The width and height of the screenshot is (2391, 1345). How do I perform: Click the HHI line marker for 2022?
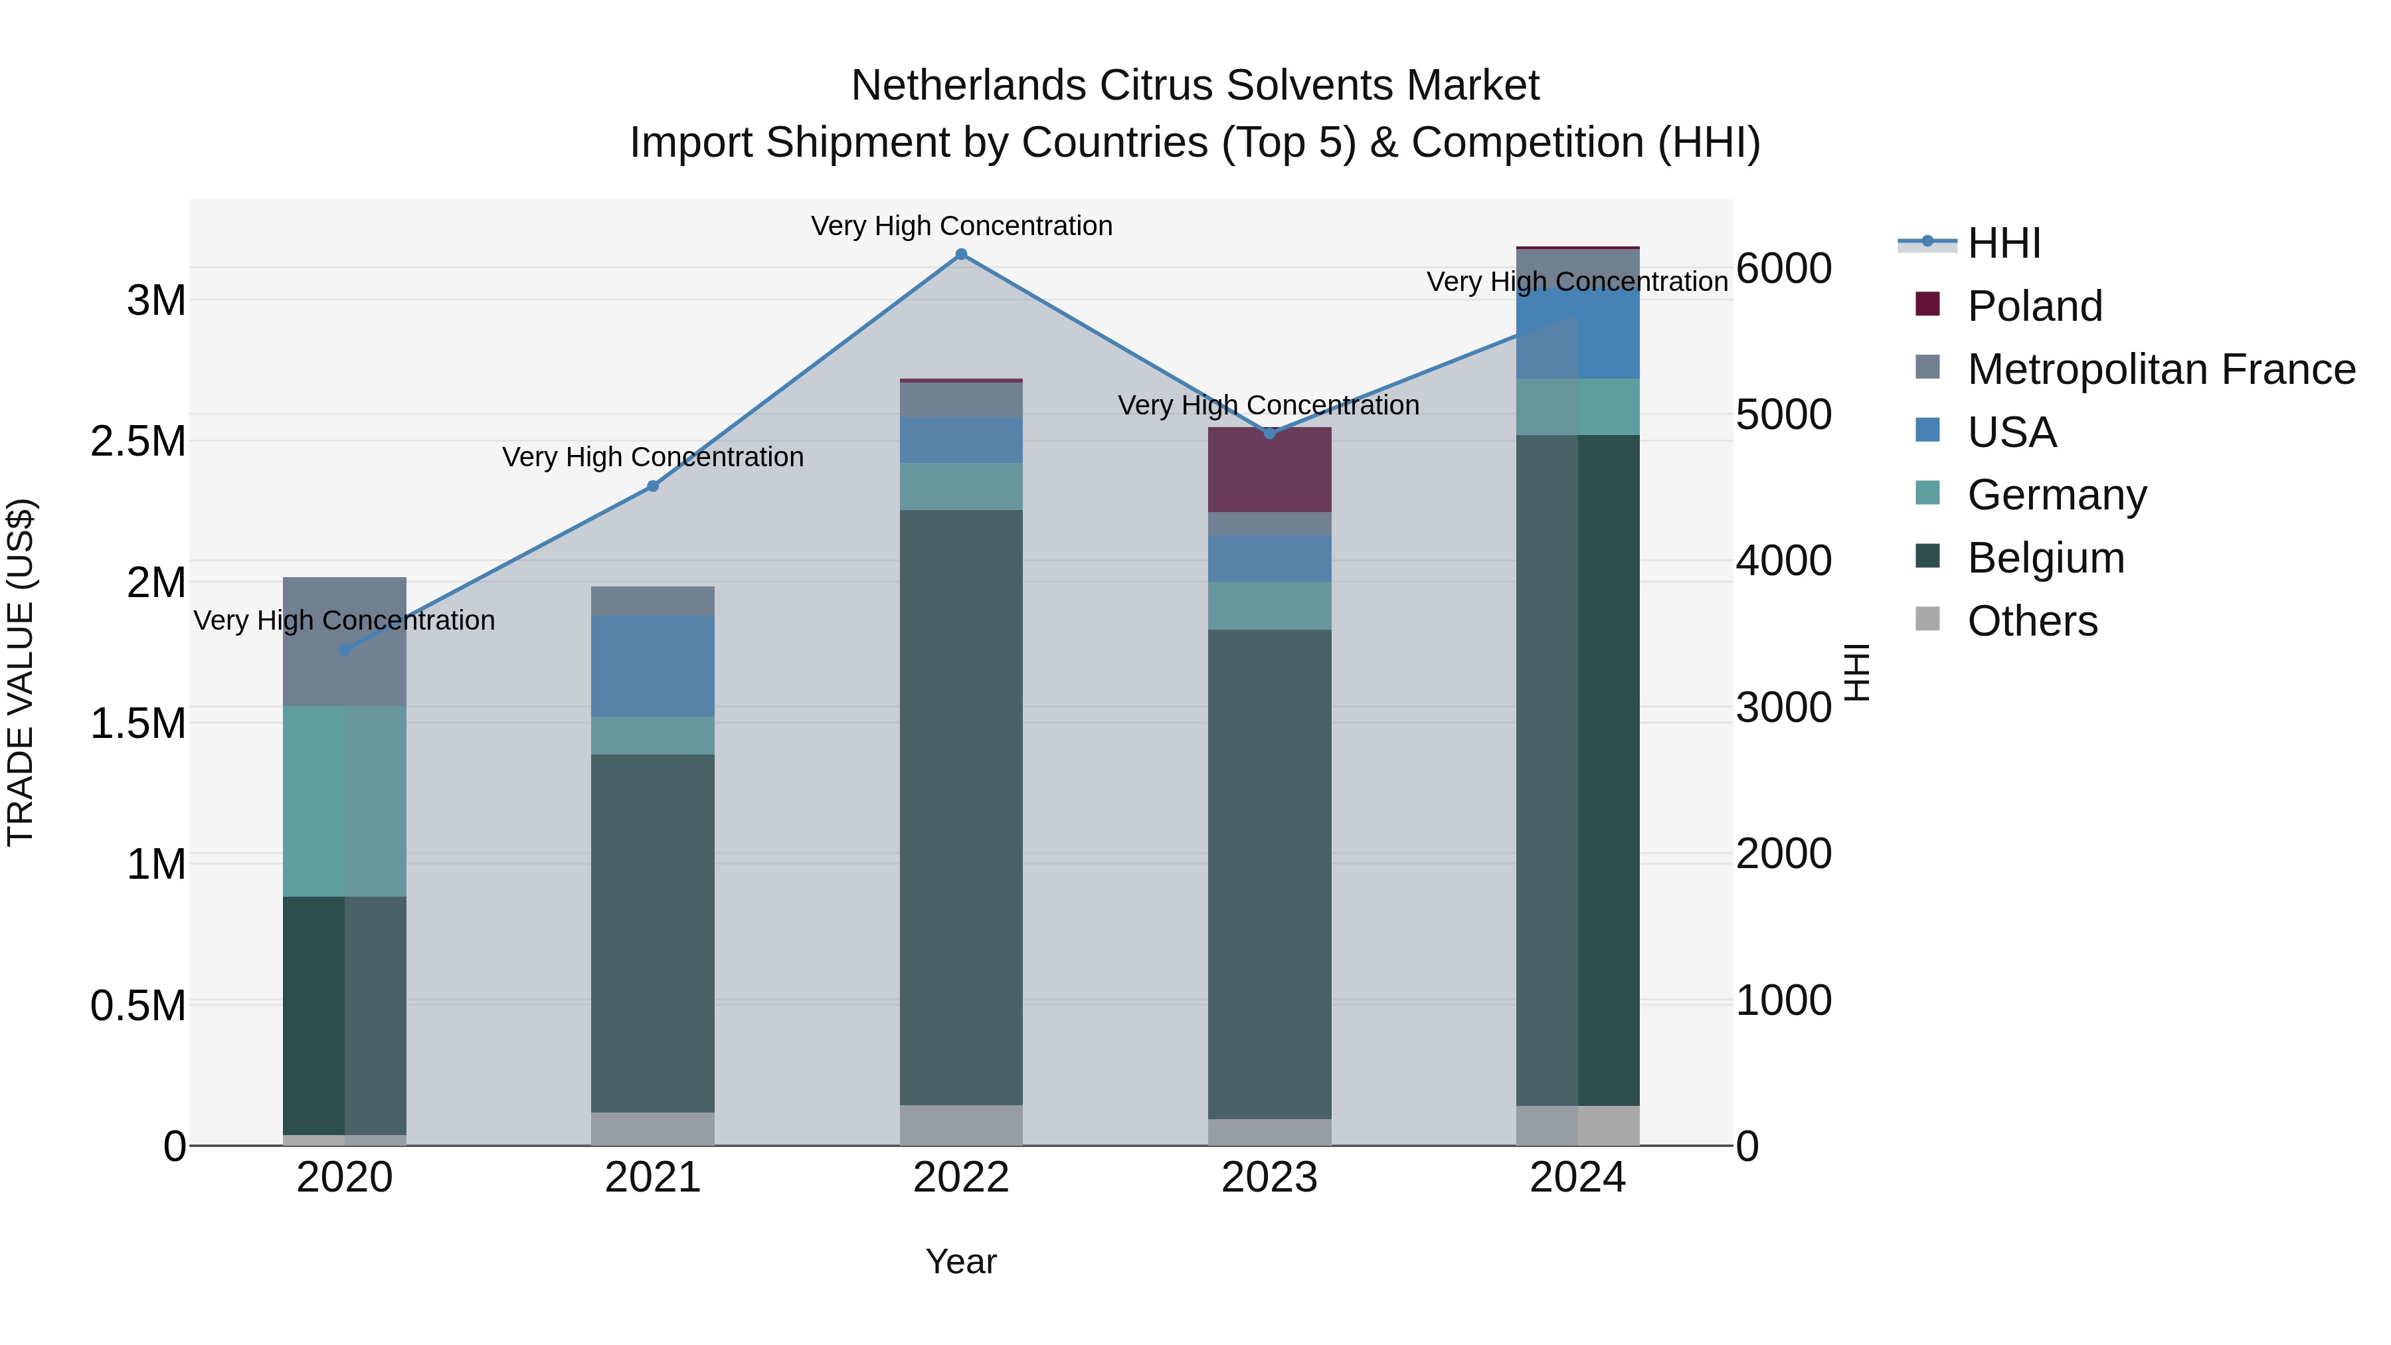[x=962, y=254]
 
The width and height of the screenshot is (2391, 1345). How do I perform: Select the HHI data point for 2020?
[x=345, y=650]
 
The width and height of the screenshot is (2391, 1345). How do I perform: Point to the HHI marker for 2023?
[x=1270, y=434]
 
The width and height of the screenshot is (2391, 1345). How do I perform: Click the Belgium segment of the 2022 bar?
[x=962, y=808]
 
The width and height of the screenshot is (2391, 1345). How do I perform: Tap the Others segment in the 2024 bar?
[x=1578, y=1125]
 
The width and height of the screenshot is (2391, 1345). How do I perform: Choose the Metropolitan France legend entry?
[x=2161, y=369]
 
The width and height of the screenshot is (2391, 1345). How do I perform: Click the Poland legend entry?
[x=2034, y=306]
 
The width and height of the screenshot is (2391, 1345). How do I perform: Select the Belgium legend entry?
[x=2046, y=558]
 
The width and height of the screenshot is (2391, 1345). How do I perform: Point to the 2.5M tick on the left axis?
[x=138, y=442]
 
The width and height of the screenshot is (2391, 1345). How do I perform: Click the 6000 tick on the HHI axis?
[x=1783, y=269]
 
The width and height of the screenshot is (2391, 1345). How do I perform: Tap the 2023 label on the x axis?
[x=1270, y=1178]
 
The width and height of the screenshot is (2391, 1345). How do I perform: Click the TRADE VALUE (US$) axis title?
[x=21, y=672]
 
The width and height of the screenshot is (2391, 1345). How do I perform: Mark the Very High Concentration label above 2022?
[x=962, y=226]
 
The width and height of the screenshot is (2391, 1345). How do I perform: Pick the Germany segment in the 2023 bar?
[x=1270, y=606]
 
